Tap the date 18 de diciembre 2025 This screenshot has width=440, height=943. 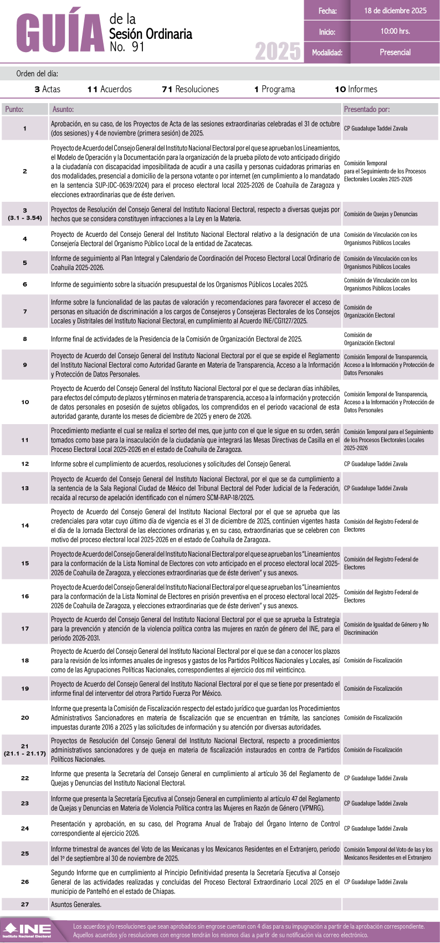tap(395, 11)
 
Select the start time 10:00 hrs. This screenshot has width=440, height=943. tap(395, 32)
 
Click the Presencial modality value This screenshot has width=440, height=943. tap(395, 53)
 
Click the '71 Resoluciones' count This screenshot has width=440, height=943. tap(190, 89)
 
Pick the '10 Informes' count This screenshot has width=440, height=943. tap(356, 89)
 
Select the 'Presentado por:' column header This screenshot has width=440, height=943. tap(366, 109)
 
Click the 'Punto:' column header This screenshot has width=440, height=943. tap(14, 109)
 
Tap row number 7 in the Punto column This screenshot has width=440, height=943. tap(25, 312)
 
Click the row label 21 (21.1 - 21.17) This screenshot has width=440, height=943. tap(25, 750)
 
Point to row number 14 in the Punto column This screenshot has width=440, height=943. tap(25, 526)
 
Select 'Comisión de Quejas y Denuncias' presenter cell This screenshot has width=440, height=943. tap(381, 214)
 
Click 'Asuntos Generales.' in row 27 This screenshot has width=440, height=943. tap(76, 904)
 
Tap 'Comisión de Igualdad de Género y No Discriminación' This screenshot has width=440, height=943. tap(386, 629)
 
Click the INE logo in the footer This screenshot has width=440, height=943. tap(27, 930)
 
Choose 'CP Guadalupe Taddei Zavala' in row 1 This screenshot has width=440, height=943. tap(376, 129)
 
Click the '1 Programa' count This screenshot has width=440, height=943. tap(274, 89)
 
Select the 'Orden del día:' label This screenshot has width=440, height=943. tap(37, 74)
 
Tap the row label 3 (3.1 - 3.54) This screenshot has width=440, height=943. tap(25, 214)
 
